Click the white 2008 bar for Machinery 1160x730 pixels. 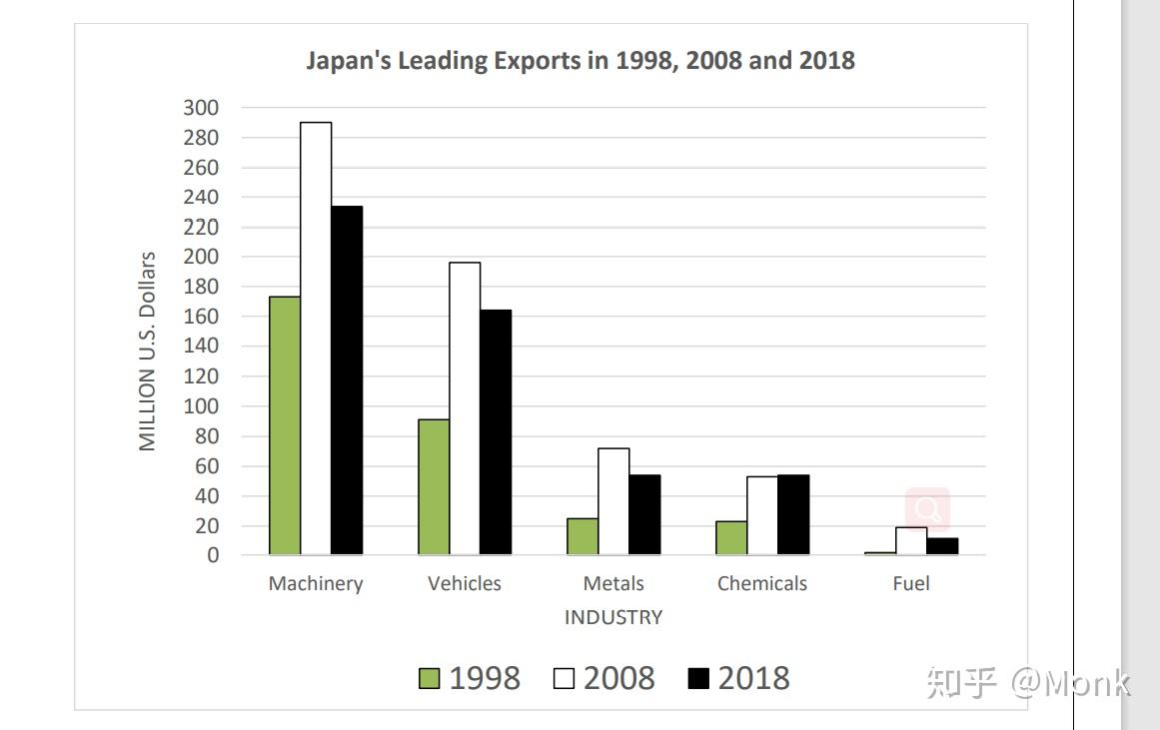316,339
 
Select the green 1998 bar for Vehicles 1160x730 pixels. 434,487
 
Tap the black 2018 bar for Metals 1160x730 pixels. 644,514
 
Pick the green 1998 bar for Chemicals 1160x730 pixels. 731,537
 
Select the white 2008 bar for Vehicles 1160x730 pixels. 465,408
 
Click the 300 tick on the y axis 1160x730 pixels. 201,108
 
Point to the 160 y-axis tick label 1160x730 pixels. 201,317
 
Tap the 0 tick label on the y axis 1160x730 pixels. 212,555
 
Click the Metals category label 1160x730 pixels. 613,584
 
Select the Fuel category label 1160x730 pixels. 911,584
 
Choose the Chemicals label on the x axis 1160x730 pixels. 761,584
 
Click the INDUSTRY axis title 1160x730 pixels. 613,617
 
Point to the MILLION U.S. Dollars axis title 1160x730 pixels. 148,352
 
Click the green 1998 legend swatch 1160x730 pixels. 429,679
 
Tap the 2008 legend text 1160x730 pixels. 619,678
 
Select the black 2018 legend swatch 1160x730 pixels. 698,679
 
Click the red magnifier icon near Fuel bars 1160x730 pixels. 927,509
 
